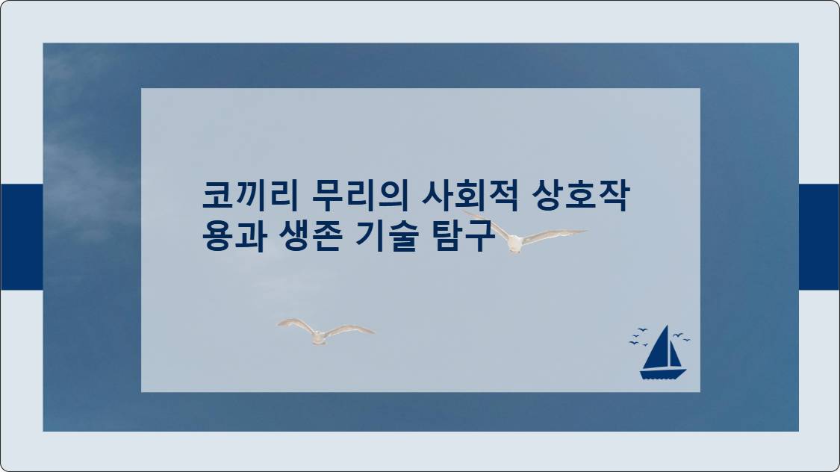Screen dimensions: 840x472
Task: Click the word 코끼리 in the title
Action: (250, 196)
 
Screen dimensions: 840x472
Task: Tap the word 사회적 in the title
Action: (470, 196)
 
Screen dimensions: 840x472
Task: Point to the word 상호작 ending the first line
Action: (580, 196)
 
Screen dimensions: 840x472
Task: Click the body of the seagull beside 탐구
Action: (514, 243)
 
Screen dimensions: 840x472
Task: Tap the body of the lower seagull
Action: (319, 337)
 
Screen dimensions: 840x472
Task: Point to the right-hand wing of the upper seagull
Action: (555, 236)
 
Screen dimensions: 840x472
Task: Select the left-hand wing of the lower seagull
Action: (296, 324)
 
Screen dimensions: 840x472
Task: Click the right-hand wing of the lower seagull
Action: (349, 329)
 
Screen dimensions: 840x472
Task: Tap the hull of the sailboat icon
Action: (663, 374)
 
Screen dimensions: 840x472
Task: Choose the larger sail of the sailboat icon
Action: (659, 350)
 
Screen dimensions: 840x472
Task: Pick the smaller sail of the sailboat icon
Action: (676, 356)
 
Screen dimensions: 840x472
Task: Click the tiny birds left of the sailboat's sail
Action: (638, 337)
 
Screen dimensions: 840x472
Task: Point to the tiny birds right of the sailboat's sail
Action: (682, 337)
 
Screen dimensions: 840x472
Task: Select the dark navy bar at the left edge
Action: (22, 237)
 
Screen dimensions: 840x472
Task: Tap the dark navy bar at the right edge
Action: (819, 237)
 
